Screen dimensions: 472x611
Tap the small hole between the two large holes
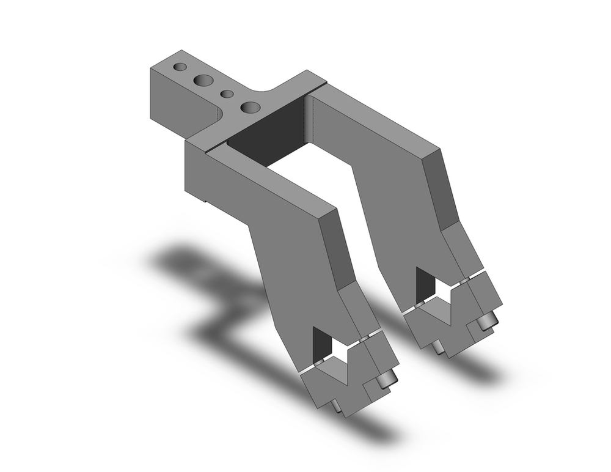(227, 94)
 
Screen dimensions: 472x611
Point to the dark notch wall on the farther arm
(423, 282)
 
